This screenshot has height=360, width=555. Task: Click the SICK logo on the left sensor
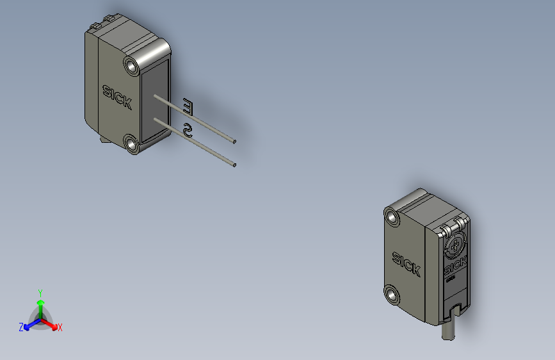tap(117, 97)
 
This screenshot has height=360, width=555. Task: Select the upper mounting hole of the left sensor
tap(133, 65)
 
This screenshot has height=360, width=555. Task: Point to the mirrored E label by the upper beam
tap(188, 106)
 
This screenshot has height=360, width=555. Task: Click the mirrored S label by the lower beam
tap(188, 131)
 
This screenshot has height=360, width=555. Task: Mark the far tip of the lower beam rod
tap(234, 165)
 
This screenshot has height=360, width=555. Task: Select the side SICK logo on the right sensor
tap(406, 263)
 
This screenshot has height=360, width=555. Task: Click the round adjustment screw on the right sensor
tap(453, 244)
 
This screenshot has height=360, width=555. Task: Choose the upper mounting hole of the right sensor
tap(392, 218)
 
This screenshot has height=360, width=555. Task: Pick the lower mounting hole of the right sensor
tap(392, 295)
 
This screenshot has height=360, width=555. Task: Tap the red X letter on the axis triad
tap(60, 328)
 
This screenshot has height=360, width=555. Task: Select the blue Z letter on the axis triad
tap(21, 327)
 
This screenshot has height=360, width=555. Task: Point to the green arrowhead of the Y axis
tap(40, 302)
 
